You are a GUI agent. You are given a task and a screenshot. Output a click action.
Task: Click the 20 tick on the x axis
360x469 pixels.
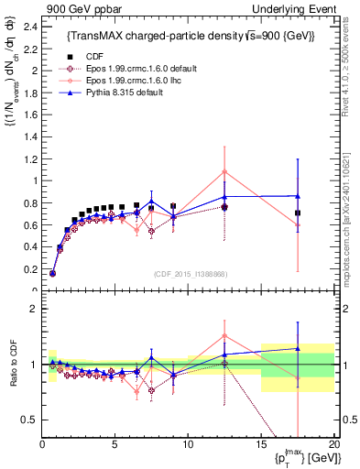(x=334, y=444)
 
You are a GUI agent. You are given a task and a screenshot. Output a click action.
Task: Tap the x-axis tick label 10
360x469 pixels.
(x=188, y=444)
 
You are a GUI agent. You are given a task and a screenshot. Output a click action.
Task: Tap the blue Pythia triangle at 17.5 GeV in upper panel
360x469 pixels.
(x=298, y=195)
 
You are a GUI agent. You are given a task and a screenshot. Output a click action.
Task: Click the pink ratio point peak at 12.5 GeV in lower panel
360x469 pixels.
(x=224, y=335)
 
